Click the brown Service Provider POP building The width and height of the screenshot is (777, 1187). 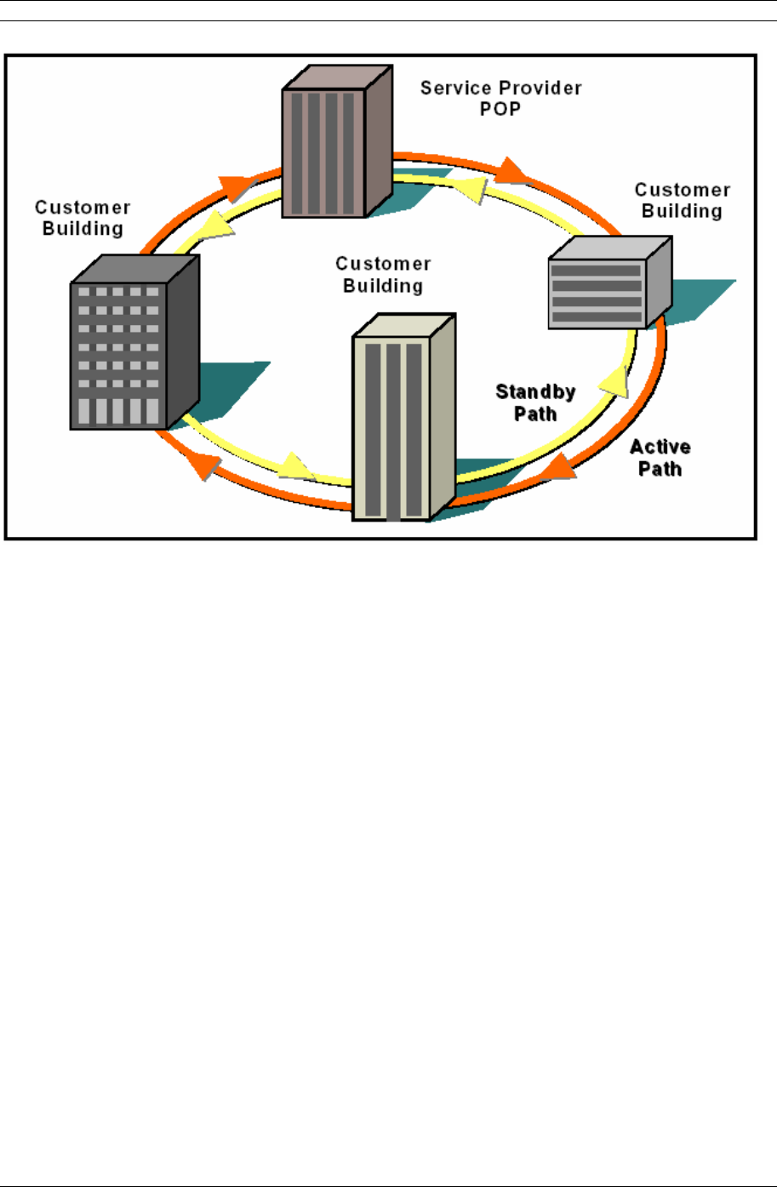click(337, 141)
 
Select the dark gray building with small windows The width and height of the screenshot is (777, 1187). click(134, 342)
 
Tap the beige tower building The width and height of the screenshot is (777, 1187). click(404, 417)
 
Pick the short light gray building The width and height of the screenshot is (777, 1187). click(610, 282)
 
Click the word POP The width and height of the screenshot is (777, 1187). click(500, 109)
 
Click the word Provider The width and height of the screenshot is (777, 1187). click(540, 88)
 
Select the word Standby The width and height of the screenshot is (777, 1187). click(535, 392)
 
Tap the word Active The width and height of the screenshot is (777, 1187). click(660, 448)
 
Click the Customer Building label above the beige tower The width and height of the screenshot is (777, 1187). click(383, 275)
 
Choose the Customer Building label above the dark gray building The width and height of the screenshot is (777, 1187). click(83, 218)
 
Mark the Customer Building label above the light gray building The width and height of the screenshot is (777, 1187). click(683, 200)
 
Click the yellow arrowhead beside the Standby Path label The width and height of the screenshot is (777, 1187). click(616, 380)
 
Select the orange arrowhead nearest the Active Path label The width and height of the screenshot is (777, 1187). click(559, 468)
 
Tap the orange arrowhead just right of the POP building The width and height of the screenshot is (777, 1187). click(511, 171)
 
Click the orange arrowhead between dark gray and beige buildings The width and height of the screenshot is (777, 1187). click(204, 465)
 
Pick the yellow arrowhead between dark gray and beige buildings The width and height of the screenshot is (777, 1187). click(294, 466)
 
